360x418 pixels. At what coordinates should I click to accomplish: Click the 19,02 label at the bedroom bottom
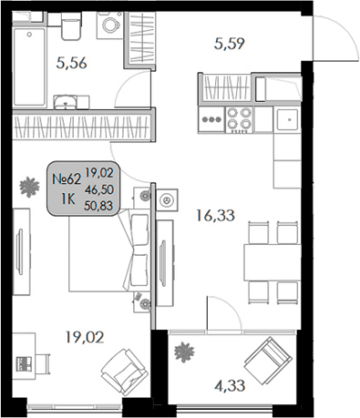85,336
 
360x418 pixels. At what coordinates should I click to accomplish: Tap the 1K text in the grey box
67,198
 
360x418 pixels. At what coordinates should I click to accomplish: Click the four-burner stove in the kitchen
238,119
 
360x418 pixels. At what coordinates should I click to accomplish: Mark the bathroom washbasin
65,101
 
